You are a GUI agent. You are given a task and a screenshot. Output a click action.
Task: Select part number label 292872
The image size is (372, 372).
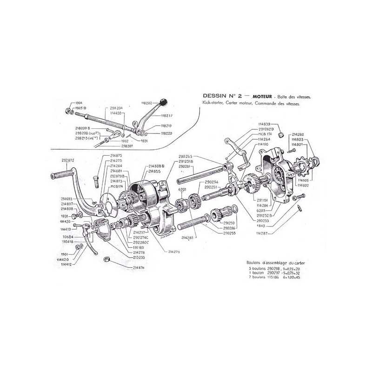tap(68, 160)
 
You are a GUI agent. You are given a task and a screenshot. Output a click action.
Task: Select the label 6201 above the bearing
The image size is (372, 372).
tap(182, 190)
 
